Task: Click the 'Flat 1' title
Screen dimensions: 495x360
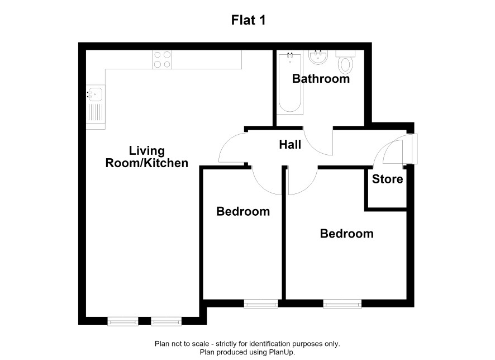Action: pos(248,20)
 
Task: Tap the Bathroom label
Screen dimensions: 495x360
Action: pos(321,79)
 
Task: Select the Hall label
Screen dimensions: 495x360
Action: pos(290,145)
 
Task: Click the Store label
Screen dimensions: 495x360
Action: pos(387,179)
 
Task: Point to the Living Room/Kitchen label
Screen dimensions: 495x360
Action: pos(147,157)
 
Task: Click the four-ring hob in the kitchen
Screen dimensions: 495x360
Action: pos(162,60)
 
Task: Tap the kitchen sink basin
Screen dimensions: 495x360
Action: pos(95,94)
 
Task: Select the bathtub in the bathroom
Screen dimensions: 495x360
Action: pos(290,83)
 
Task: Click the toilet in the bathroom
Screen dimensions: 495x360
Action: pos(345,62)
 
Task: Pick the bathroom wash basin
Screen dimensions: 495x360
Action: pos(318,57)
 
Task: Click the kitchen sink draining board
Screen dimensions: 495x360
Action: pos(96,113)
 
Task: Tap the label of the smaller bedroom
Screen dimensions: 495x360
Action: pos(243,211)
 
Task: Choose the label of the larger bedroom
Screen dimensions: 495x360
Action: pos(346,234)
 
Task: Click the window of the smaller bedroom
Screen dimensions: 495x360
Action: pos(261,304)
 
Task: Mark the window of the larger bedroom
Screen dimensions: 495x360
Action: pos(342,304)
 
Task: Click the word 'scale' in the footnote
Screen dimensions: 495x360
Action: pos(200,344)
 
